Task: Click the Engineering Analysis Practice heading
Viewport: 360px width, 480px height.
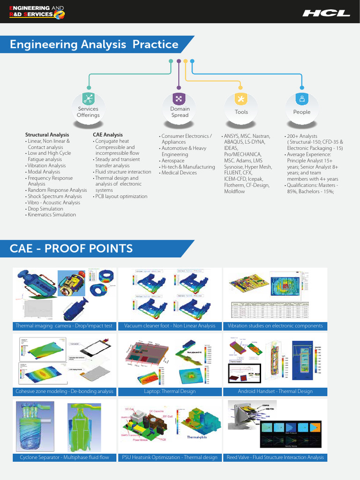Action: click(94, 45)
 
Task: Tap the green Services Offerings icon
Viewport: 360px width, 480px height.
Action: click(88, 98)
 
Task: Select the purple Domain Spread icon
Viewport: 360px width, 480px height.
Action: click(179, 98)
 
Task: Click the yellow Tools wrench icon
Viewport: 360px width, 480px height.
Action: click(241, 98)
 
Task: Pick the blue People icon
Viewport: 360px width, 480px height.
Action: click(302, 98)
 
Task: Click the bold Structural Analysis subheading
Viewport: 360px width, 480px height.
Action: click(47, 135)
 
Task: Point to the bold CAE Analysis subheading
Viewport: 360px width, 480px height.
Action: click(108, 135)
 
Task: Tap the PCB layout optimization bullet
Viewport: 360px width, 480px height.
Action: click(121, 196)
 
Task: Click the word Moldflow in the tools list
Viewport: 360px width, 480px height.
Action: click(234, 191)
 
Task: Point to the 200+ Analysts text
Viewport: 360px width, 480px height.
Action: click(302, 136)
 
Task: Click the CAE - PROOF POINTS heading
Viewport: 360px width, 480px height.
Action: click(71, 248)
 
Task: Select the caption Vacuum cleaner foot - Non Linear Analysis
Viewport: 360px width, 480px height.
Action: click(170, 326)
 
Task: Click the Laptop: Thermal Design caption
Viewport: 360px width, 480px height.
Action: click(170, 391)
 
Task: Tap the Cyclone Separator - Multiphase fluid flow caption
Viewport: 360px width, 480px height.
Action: click(64, 457)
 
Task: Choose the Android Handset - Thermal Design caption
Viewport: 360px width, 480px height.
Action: click(275, 391)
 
